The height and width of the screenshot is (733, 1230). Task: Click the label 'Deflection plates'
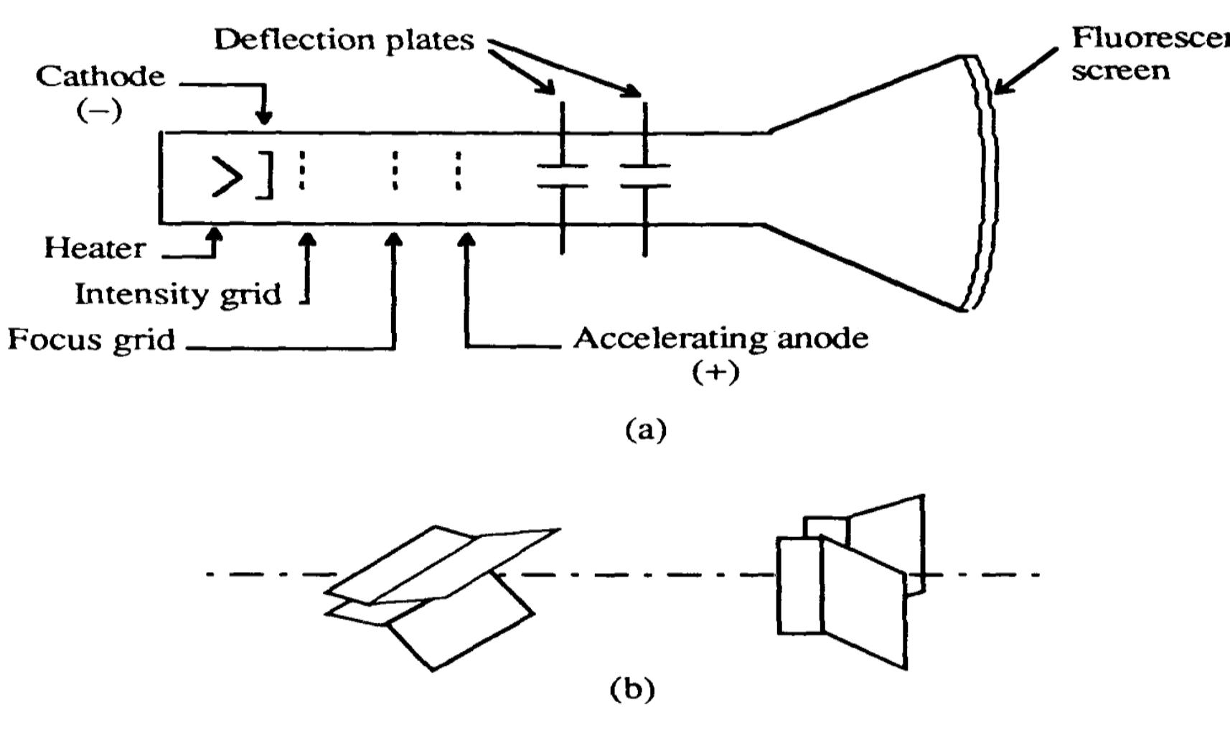click(x=344, y=39)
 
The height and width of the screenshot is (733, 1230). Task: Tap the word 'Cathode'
click(x=100, y=75)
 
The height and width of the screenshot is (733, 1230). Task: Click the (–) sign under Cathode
click(x=99, y=111)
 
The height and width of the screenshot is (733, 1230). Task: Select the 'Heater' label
click(x=95, y=248)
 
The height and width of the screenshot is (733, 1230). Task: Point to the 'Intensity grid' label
click(x=178, y=294)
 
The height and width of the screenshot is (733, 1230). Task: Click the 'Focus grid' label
click(x=91, y=339)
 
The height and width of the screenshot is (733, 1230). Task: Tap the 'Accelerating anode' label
click(x=720, y=338)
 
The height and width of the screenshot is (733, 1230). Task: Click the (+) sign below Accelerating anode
click(x=715, y=372)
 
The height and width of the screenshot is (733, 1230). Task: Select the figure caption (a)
click(x=646, y=429)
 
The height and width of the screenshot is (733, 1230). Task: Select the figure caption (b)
click(x=632, y=689)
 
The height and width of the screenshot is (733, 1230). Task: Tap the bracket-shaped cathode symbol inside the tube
click(x=266, y=174)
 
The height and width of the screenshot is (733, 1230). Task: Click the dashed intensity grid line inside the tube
click(x=302, y=170)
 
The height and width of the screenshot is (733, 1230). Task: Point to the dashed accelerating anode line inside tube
click(x=459, y=170)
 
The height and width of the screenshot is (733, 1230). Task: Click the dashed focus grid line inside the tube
click(x=395, y=170)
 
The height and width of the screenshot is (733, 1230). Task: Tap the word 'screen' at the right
click(x=1120, y=71)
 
